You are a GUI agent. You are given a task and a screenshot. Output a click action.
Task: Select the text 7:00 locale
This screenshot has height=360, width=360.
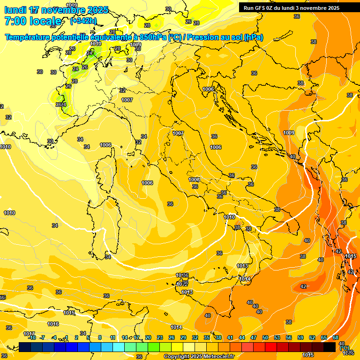pos(33,21)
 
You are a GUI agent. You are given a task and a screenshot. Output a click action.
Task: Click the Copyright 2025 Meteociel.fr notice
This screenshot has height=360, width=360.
pos(199,357)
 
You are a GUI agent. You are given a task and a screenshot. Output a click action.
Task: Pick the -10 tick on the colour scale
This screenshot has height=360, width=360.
pos(32,337)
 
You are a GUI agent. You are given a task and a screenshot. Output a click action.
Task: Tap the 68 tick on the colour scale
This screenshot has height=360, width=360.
pos(336,337)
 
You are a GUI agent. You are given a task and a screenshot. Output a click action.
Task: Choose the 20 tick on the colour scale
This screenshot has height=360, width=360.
pos(148,337)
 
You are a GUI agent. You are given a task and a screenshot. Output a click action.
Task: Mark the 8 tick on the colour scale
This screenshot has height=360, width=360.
pos(100,337)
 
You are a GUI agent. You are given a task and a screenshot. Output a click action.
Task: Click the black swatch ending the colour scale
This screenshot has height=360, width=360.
pos(330,347)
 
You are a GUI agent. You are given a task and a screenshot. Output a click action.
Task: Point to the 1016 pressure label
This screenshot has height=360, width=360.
pos(53,324)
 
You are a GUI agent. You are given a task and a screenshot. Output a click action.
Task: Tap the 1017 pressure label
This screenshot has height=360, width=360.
pos(29,334)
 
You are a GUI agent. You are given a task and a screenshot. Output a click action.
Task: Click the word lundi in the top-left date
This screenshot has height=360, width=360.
pos(15,10)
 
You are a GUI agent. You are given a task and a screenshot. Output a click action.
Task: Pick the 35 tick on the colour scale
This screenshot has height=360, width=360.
pos(207,337)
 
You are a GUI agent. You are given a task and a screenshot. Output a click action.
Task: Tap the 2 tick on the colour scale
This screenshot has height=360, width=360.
pos(76,337)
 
